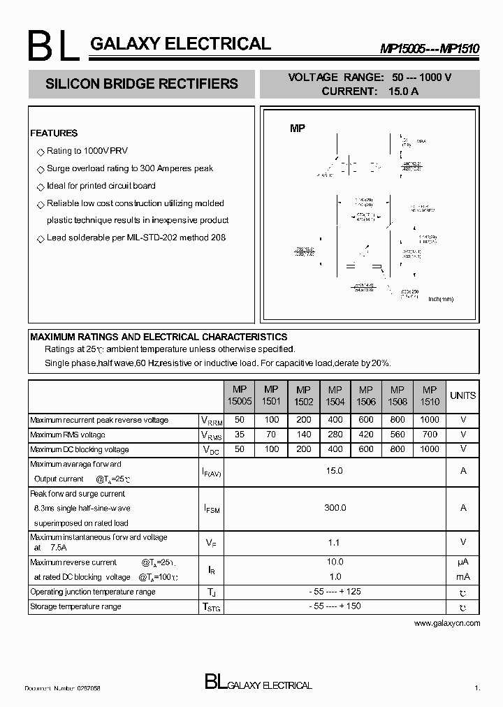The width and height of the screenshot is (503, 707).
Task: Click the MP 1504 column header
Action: point(335,396)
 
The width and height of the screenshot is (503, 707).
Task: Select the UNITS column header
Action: point(462,395)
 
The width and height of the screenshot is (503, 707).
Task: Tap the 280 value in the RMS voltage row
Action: point(335,435)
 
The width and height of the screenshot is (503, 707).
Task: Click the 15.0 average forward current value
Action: point(335,471)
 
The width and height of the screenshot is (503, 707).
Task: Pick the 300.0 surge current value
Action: point(335,508)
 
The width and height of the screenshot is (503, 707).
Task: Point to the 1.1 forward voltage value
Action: point(335,541)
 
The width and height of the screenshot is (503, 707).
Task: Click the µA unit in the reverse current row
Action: point(462,562)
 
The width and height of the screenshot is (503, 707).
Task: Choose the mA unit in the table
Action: point(462,577)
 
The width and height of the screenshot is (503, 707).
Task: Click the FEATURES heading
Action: point(54,133)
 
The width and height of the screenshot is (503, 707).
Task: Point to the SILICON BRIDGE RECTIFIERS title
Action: point(141,84)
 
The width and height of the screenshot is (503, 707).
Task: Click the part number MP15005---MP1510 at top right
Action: point(429,48)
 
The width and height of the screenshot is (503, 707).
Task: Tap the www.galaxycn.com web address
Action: point(447,622)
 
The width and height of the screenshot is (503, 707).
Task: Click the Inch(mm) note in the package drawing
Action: point(440,299)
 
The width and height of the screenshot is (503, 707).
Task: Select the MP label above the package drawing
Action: point(298,129)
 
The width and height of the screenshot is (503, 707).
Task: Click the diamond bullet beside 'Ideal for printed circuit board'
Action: point(40,187)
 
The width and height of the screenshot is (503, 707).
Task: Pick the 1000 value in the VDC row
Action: point(430,449)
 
